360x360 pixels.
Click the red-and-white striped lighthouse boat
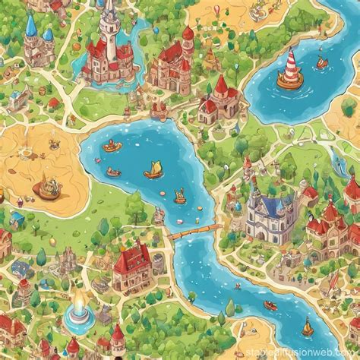coord(289,69)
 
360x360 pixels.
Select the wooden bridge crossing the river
coord(190,231)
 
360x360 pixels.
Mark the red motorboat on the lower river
coord(270,305)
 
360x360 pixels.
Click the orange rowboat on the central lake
coord(112,147)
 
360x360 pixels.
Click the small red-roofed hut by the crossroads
coord(53,103)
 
